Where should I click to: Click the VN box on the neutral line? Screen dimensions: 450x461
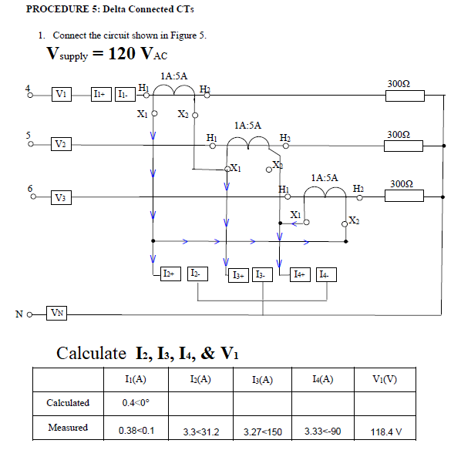coord(58,313)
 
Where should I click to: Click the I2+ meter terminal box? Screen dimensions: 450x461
coord(170,274)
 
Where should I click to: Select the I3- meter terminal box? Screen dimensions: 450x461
coord(263,274)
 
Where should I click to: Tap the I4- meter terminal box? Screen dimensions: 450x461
coord(326,274)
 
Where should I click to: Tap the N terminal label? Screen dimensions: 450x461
coord(19,314)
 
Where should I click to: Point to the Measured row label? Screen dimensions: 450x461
coord(68,428)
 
